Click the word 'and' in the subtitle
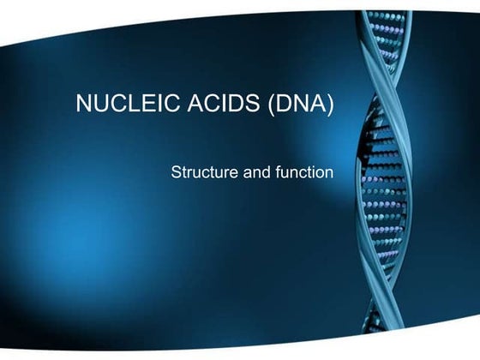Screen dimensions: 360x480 tap(255, 171)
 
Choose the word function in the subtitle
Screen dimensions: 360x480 tap(303, 171)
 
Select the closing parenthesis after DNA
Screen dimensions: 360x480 tap(331, 105)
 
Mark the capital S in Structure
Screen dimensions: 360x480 tap(177, 171)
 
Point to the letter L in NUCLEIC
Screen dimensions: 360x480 tap(123, 105)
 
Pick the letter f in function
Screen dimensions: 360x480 tap(275, 171)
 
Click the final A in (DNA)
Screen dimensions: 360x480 tap(317, 105)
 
